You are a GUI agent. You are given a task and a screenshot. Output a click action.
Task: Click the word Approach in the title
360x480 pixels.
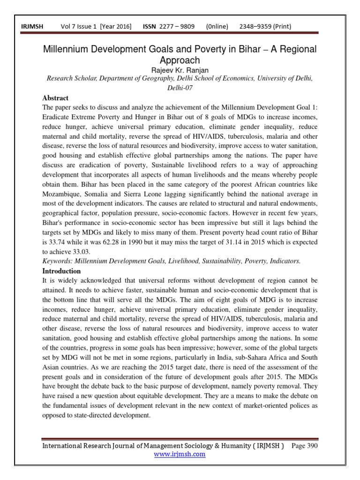180,60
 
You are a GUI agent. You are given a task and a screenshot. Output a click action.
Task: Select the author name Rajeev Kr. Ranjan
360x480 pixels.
180,70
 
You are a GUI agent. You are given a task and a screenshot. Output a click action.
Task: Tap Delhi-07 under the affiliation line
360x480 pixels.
180,88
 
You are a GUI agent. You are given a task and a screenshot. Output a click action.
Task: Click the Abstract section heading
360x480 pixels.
55,98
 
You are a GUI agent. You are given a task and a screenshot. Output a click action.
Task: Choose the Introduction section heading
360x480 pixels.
61,271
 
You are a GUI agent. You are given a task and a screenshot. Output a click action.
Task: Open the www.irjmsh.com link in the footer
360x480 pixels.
180,454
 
